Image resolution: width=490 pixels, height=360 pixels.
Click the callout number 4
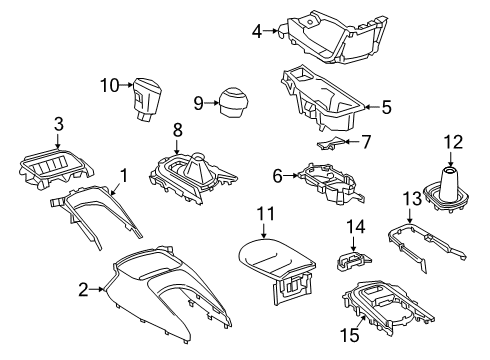click(256, 31)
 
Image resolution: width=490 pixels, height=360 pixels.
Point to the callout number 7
click(366, 143)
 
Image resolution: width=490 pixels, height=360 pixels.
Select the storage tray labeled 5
click(322, 102)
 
